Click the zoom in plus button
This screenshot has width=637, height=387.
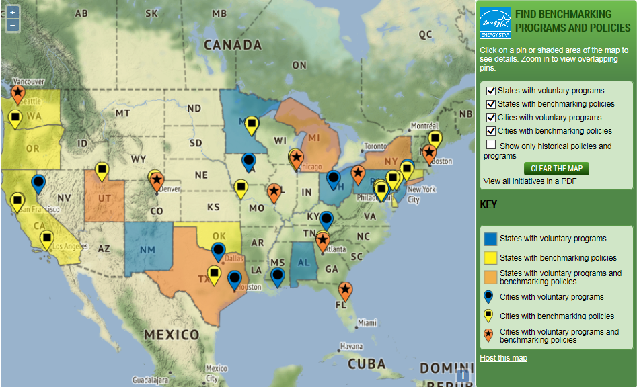[x=12, y=12]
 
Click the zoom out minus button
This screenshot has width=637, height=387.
[x=12, y=25]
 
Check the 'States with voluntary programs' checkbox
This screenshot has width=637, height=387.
[x=491, y=91]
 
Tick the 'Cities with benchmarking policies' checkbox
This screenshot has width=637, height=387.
[x=491, y=131]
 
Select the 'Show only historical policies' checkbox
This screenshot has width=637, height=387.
[x=491, y=145]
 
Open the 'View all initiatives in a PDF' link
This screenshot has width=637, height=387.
[x=529, y=181]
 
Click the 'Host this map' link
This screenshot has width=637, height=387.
[x=503, y=358]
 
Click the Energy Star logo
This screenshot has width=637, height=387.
[x=495, y=24]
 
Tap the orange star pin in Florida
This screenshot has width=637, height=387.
[x=345, y=290]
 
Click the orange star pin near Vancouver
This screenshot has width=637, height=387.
[x=18, y=92]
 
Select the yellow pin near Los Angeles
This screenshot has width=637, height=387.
[x=46, y=239]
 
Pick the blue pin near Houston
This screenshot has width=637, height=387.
[x=234, y=279]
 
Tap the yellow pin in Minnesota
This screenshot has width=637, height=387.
[x=252, y=124]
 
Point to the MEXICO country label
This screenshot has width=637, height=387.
[x=170, y=335]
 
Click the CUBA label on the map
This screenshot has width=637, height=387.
[x=367, y=363]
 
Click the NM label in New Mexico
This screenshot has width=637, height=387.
[x=147, y=251]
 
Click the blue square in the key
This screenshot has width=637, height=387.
[x=490, y=239]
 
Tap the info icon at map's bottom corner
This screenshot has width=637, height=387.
[x=463, y=376]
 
